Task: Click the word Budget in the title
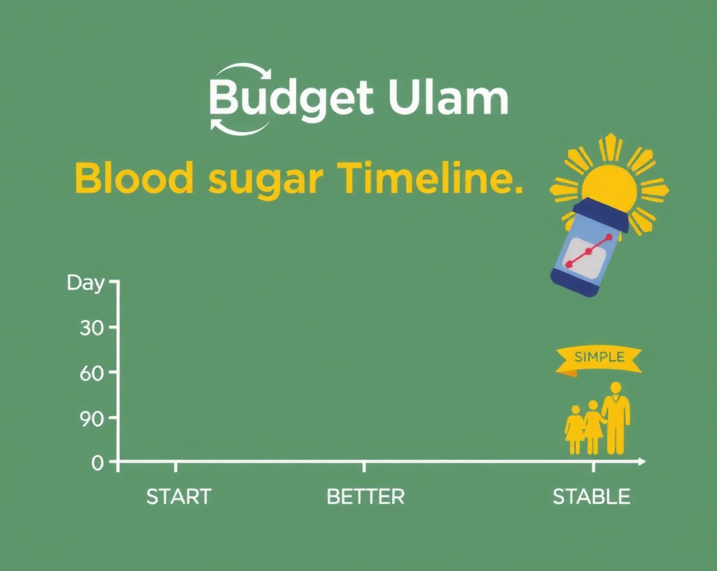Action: (x=291, y=99)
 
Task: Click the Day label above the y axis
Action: (x=85, y=283)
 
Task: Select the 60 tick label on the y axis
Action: (x=91, y=373)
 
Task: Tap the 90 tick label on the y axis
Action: (x=91, y=418)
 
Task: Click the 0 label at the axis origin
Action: (x=97, y=462)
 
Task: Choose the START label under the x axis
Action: (x=178, y=497)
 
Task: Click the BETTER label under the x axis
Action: (x=366, y=497)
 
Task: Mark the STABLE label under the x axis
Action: (x=591, y=497)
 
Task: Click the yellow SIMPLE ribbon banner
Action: (x=599, y=358)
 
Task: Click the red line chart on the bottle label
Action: (x=589, y=251)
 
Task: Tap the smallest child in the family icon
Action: (x=575, y=429)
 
